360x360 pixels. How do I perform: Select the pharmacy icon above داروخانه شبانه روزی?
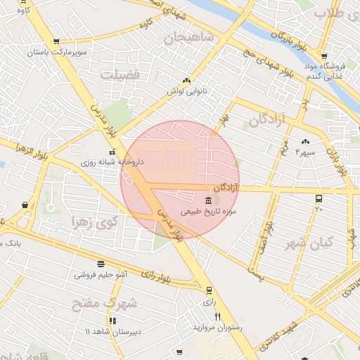111,152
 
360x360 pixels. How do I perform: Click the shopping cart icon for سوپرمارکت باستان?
56,42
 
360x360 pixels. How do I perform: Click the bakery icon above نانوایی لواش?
186,81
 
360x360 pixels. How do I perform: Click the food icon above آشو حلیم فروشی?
101,264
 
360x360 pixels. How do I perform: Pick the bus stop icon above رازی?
209,290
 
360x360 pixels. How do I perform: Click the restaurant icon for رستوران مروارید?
217,317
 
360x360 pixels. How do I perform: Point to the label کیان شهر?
307,243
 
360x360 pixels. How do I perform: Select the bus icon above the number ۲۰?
319,199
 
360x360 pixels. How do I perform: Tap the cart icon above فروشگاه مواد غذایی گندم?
323,56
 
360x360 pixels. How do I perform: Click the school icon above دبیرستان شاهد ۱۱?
112,321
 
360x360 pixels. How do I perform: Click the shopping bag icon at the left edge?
25,205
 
